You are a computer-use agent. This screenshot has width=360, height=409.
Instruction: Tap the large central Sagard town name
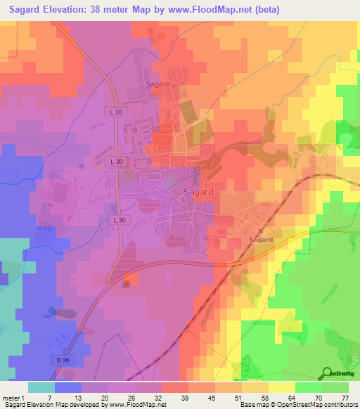click(200, 192)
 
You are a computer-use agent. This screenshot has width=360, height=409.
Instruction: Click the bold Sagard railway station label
click(261, 240)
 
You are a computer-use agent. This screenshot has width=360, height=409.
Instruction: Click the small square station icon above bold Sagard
click(260, 230)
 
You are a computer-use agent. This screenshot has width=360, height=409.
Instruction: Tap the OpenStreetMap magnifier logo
click(326, 373)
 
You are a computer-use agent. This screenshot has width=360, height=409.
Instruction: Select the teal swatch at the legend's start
click(41, 387)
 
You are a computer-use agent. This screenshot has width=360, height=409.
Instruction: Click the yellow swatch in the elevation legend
click(282, 387)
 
